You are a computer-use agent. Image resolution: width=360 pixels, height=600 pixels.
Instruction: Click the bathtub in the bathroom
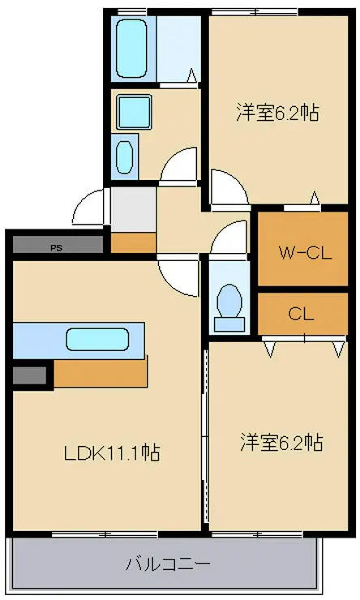tap(131, 48)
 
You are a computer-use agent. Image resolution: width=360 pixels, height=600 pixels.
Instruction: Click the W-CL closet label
tap(305, 252)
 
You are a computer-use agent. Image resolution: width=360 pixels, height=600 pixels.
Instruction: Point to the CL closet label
tap(301, 314)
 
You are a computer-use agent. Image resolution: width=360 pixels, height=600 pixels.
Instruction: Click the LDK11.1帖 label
tap(112, 453)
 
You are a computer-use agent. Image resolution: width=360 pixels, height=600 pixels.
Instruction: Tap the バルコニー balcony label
tap(168, 564)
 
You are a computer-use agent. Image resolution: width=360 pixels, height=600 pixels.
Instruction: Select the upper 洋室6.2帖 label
tap(277, 113)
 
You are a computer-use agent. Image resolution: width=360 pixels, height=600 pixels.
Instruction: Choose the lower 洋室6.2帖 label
tap(281, 443)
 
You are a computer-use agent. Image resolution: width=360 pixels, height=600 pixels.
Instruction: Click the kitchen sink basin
tap(97, 340)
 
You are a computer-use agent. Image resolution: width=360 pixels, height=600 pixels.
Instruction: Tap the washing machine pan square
tap(134, 112)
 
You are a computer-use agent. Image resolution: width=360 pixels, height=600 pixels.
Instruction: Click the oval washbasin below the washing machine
tap(124, 156)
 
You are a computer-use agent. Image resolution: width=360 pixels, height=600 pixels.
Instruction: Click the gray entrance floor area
tap(133, 209)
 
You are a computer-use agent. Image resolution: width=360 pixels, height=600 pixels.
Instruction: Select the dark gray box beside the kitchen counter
tap(30, 375)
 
